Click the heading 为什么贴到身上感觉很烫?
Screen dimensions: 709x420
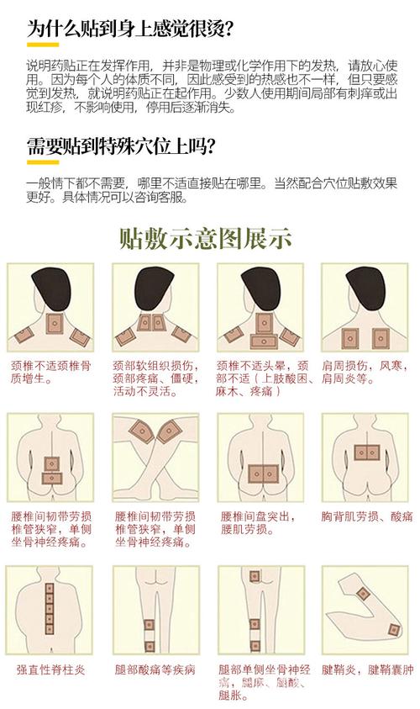[130, 29]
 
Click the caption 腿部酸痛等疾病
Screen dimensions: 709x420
[155, 670]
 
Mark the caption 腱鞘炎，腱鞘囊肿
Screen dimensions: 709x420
[368, 670]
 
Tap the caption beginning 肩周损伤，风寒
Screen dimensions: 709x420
[363, 373]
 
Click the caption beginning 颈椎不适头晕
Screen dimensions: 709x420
[260, 378]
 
